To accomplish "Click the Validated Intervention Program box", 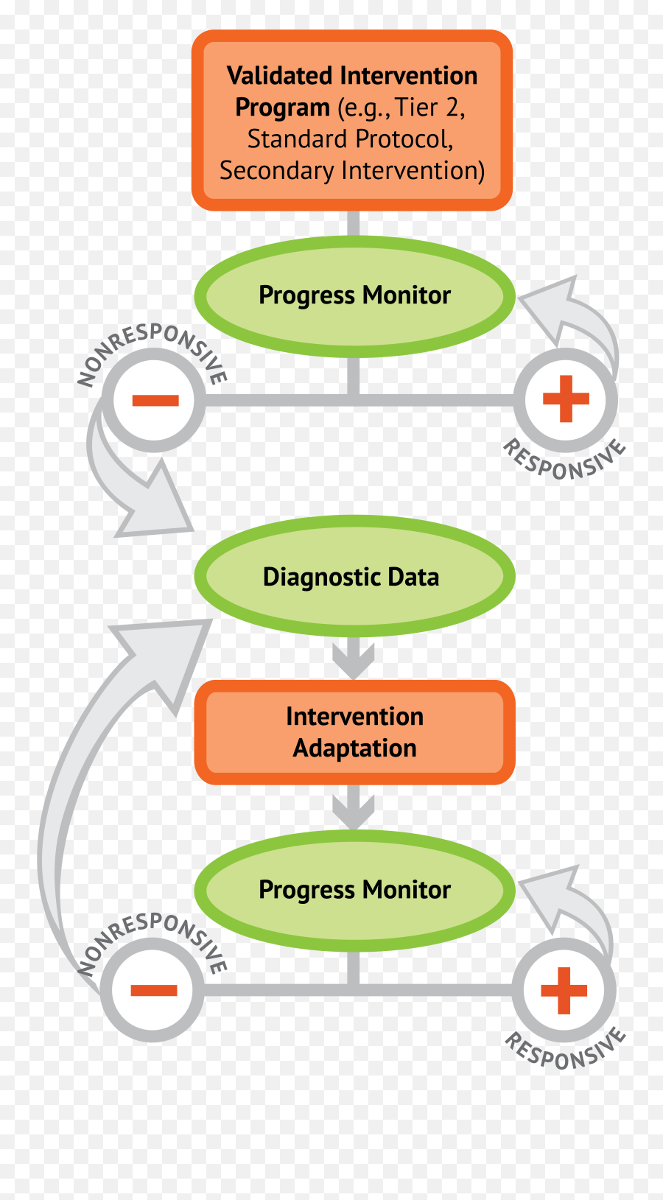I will click(x=352, y=120).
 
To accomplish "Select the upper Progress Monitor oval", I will click(x=354, y=296).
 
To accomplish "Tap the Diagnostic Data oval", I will click(x=354, y=576).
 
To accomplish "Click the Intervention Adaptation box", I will click(x=354, y=732).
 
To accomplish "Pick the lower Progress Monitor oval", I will click(x=354, y=890).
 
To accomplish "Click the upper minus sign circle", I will click(x=155, y=401).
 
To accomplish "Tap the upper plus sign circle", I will click(x=565, y=399).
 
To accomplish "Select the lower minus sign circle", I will click(x=153, y=990).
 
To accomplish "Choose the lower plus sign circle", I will click(x=564, y=990).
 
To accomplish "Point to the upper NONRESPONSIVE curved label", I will click(x=151, y=347).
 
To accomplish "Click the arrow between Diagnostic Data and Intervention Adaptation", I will click(x=354, y=658).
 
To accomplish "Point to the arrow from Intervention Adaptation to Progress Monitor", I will click(x=354, y=807).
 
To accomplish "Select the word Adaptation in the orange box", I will click(x=354, y=748).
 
